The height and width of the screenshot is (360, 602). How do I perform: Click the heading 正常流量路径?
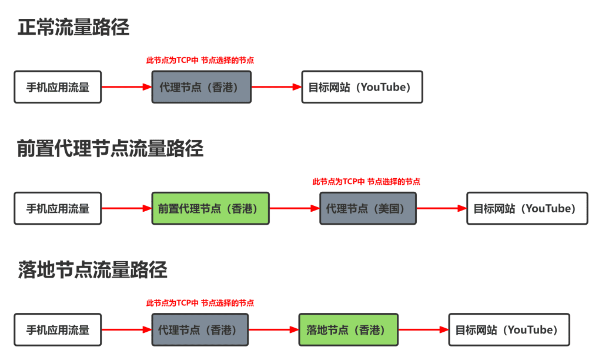tap(73, 28)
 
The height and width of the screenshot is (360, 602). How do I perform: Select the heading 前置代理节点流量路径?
tap(110, 149)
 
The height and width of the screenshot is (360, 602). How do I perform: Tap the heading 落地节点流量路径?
tap(92, 270)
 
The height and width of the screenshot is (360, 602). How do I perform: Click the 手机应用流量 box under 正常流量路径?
tap(58, 87)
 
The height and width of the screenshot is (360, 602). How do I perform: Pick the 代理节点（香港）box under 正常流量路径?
tap(201, 87)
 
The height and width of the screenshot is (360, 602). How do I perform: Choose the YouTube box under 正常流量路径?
tap(362, 87)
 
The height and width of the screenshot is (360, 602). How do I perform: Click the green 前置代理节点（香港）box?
tap(210, 208)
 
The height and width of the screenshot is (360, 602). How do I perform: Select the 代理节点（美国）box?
tap(368, 208)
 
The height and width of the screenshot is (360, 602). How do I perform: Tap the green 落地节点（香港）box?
tap(348, 329)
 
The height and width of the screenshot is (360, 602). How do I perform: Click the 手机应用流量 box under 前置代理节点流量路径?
tap(58, 208)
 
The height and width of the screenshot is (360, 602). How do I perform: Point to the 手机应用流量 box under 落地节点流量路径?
tap(58, 329)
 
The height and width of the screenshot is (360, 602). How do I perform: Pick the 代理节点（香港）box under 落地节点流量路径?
tap(200, 329)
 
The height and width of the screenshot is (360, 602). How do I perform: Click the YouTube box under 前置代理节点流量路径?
tap(527, 208)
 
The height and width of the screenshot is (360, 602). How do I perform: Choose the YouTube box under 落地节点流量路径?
tap(509, 329)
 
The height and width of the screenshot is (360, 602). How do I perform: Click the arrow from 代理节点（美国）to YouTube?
tap(442, 208)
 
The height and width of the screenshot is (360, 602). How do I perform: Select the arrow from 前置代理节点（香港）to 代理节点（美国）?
tap(295, 208)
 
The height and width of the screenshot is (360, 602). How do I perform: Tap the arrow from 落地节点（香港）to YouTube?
tap(423, 329)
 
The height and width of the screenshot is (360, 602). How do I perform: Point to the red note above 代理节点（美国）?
tap(366, 182)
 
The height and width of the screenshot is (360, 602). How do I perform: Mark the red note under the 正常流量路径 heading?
tap(200, 60)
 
